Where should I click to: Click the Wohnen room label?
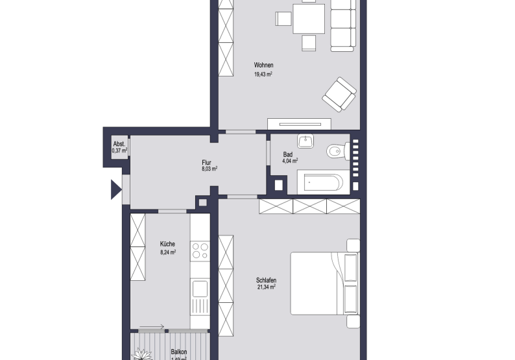click(x=263, y=65)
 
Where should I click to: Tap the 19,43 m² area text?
click(x=263, y=75)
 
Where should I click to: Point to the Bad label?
click(x=288, y=154)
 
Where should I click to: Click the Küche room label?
click(x=167, y=245)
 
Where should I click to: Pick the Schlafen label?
click(x=267, y=280)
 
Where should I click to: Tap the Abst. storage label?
click(x=119, y=144)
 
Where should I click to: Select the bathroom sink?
click(x=305, y=141)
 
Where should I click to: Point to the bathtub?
click(x=322, y=183)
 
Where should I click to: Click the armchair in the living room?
click(x=340, y=94)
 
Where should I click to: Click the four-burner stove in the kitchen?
click(x=200, y=251)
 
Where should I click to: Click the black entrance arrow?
click(x=115, y=189)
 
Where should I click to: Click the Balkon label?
click(x=179, y=351)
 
